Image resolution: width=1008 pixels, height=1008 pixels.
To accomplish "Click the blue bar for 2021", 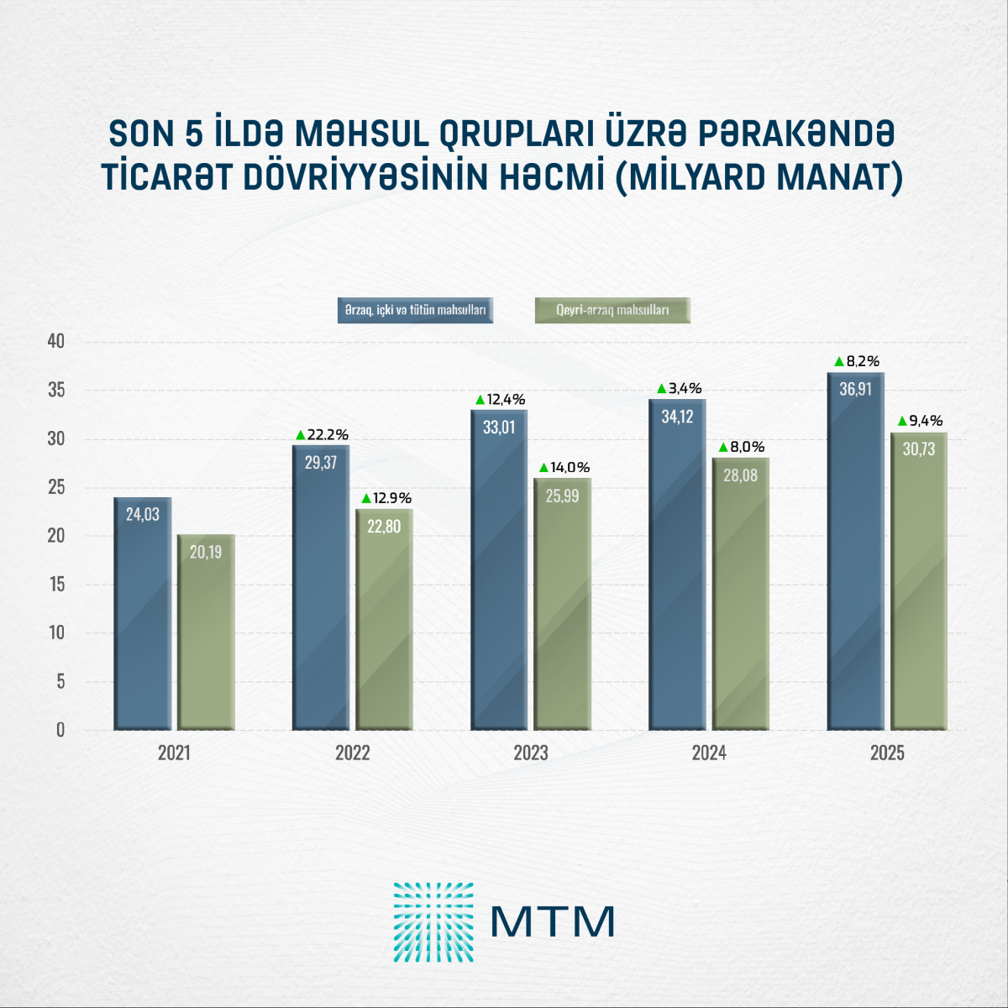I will [x=143, y=613].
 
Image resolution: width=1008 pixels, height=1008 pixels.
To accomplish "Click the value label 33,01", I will [x=498, y=427].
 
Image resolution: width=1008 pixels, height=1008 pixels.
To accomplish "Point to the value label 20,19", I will [x=205, y=552].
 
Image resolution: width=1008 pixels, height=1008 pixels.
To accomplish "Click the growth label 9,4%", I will [x=927, y=420].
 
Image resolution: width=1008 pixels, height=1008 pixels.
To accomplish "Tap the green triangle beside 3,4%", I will [x=661, y=388].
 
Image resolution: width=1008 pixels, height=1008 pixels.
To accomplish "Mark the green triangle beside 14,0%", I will [x=543, y=467].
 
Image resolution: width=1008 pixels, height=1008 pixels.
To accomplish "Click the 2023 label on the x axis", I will [x=531, y=753].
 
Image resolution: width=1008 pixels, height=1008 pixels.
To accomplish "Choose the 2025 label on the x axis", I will [x=887, y=753].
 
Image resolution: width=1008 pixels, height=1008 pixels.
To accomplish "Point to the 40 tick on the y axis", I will [x=56, y=342].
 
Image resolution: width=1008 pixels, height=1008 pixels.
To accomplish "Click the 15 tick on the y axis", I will [x=56, y=585].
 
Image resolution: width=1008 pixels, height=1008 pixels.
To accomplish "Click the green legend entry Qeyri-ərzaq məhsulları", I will [x=612, y=310].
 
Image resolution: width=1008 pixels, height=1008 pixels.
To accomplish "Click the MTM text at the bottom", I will [x=553, y=921].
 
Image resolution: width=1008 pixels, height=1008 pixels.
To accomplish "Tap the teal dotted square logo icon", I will [x=433, y=921].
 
